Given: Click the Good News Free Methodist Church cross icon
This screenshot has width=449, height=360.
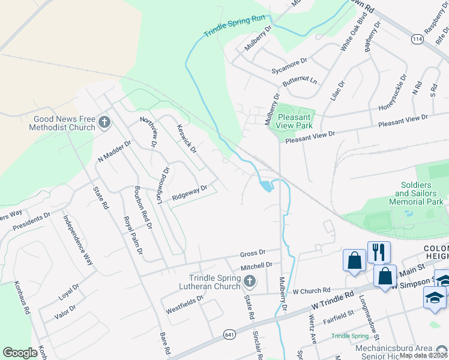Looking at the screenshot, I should point(104,123).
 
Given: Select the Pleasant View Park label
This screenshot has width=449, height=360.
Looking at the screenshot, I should point(295,122).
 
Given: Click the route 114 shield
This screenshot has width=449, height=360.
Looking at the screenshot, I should point(417,38).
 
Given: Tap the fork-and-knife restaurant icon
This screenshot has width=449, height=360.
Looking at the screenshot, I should point(379,252).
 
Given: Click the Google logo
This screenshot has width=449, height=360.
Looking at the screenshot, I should point(20,353).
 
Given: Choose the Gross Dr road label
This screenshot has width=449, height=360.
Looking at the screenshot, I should point(253,253).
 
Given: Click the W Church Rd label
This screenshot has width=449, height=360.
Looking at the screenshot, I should point(312,290).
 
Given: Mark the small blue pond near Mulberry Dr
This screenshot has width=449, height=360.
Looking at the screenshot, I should point(265,186).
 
